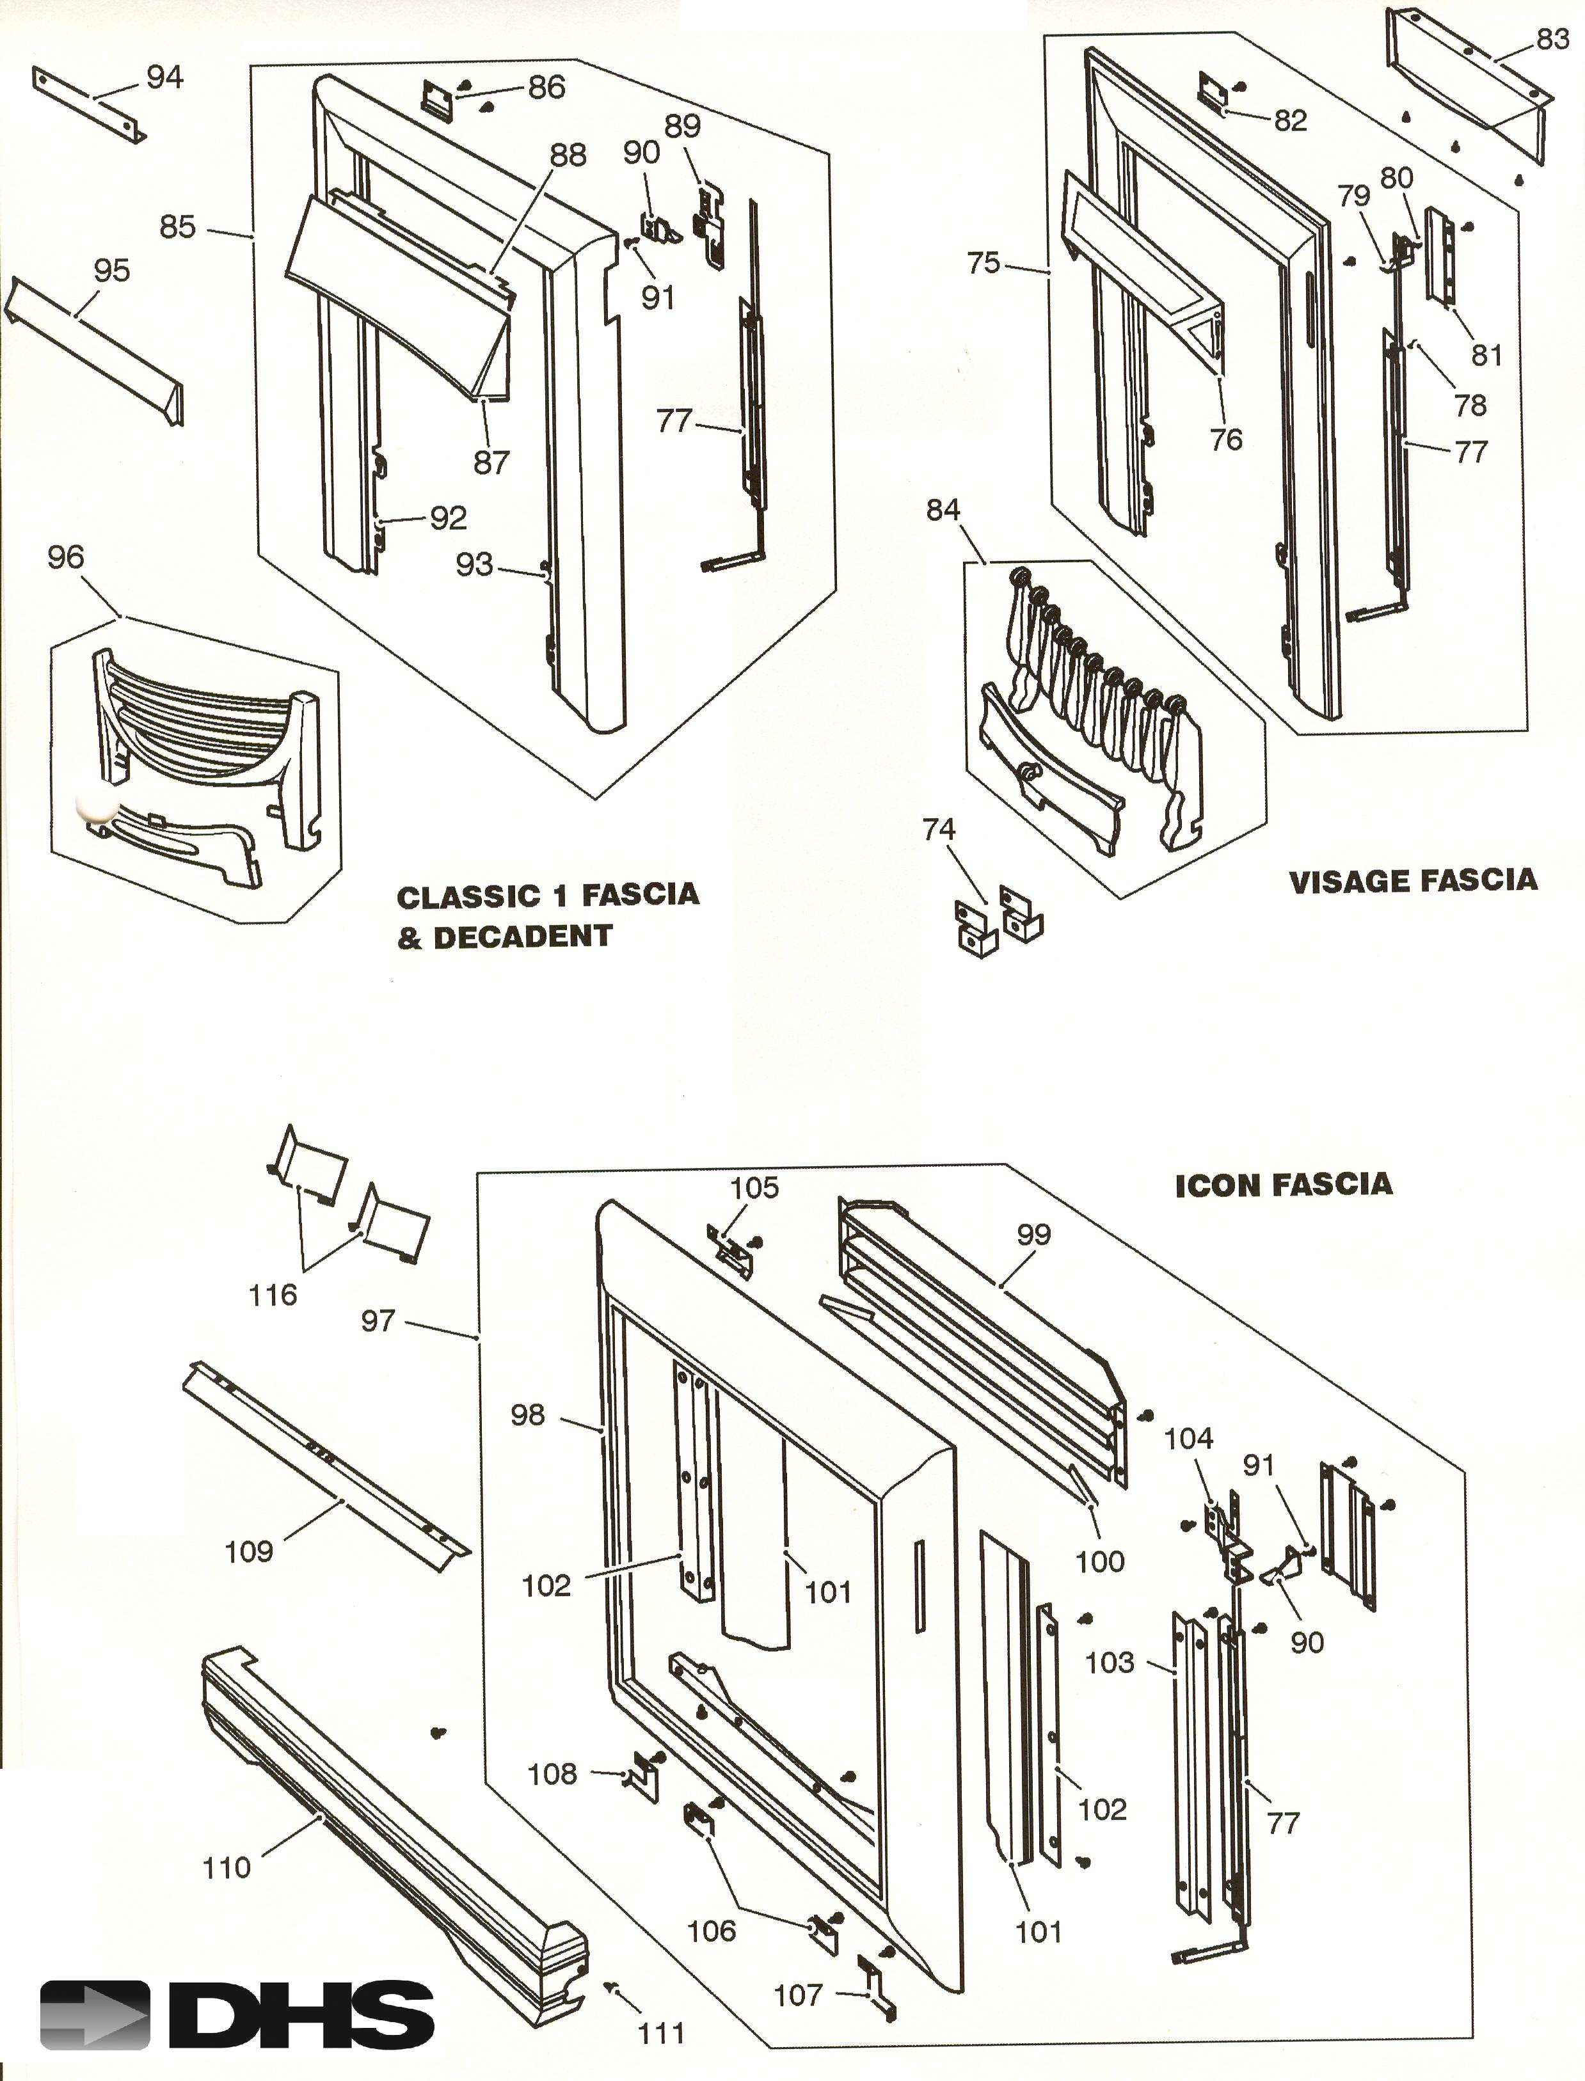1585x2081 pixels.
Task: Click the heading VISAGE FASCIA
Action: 1412,881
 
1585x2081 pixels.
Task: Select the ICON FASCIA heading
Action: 1283,1185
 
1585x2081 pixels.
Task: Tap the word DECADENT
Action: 523,937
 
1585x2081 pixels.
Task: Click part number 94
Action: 164,77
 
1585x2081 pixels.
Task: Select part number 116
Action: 273,1295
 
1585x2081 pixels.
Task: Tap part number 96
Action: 66,557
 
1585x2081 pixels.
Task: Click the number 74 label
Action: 939,830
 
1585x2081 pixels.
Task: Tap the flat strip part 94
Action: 90,104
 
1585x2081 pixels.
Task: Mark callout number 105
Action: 755,1188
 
